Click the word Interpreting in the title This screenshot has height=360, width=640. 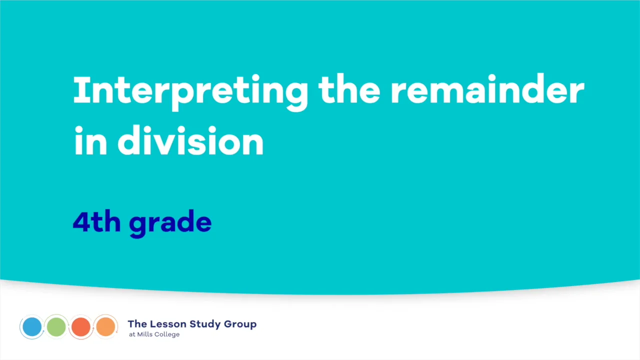click(190, 91)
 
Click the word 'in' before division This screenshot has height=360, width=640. click(90, 141)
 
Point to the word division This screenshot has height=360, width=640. click(190, 141)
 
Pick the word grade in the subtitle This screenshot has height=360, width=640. click(170, 223)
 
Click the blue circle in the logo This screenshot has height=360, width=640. click(32, 327)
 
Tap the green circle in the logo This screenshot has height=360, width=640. click(56, 327)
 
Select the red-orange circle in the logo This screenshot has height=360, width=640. click(81, 327)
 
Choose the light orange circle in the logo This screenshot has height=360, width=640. click(105, 327)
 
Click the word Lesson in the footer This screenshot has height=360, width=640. click(166, 324)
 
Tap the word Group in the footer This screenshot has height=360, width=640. click(240, 324)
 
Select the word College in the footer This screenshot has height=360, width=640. click(167, 334)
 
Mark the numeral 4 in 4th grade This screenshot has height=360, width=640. click(81, 221)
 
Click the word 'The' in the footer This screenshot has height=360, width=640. click(137, 324)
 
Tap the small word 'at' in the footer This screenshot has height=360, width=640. click(131, 334)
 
